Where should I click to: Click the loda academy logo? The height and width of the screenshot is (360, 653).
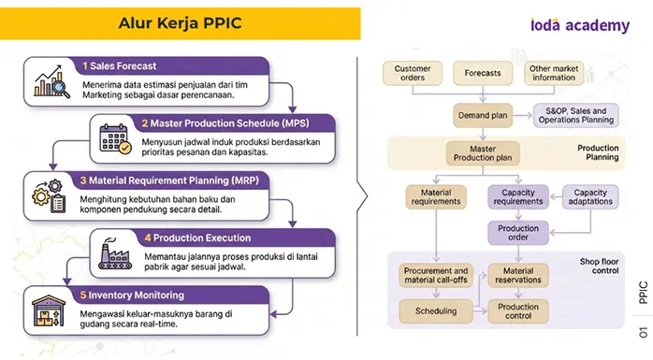point(580,25)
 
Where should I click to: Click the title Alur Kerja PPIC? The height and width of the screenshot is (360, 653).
point(180,22)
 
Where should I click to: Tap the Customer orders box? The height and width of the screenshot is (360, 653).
point(413,73)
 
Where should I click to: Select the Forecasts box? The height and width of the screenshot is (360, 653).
point(483,73)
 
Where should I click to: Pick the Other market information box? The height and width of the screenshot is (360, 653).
point(554,73)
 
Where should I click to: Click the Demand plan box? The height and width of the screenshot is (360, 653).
point(483,115)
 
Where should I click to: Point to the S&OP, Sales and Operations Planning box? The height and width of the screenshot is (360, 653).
point(576,115)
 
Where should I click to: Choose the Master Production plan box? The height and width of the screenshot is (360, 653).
point(483,153)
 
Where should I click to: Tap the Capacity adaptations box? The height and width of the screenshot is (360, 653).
point(590,197)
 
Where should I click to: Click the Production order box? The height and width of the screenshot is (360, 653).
point(518,233)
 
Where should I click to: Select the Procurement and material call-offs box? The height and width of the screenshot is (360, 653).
point(436,276)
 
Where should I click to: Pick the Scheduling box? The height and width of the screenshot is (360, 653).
point(436,311)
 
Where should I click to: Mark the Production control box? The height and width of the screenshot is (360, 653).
point(518,311)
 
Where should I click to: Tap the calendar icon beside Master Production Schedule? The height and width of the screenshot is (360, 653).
point(115,139)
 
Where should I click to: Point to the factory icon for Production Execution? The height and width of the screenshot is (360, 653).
point(115,253)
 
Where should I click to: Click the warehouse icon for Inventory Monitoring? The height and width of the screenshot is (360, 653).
point(49,310)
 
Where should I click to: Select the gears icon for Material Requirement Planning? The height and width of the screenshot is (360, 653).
point(50,196)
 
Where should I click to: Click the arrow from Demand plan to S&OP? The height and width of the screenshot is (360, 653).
point(523,115)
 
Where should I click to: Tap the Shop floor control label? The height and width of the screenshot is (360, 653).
point(599,266)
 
